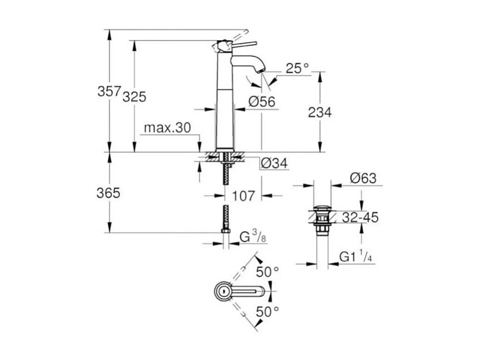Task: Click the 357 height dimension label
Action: coord(109,91)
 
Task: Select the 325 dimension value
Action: coord(134,97)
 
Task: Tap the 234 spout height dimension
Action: coord(320,112)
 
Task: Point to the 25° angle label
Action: coord(298,69)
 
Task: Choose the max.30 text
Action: coord(167,128)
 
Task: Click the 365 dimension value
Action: coord(108,193)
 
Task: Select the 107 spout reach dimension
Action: coord(243,196)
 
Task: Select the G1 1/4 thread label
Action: coord(356,257)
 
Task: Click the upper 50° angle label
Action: coord(268,272)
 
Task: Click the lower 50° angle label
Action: coord(268,312)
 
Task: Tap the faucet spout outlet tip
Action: coord(261,70)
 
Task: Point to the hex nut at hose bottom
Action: coord(226,229)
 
